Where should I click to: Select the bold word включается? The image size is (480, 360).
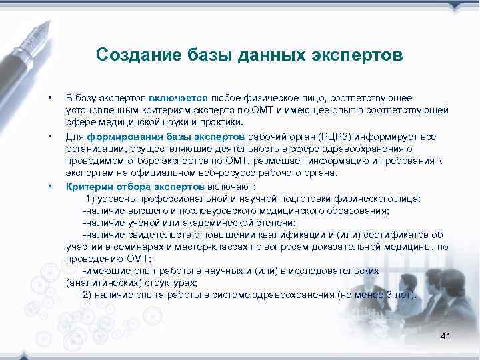(x=179, y=98)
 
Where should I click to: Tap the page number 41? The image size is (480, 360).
(x=445, y=337)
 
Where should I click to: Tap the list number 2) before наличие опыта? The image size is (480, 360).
(x=89, y=294)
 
